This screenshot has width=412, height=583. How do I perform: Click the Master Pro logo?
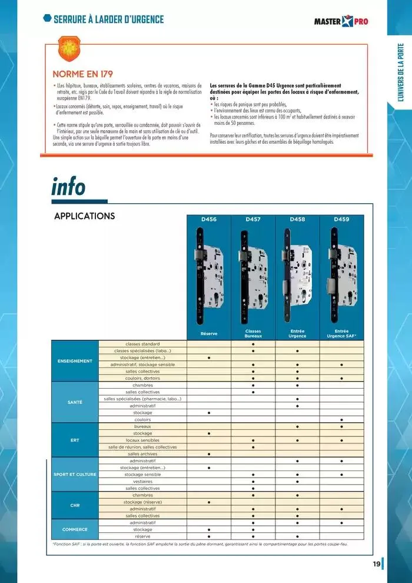[342, 22]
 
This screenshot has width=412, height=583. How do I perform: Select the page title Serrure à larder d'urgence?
[108, 19]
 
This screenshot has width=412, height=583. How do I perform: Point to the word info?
[68, 187]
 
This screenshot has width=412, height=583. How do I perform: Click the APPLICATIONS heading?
[84, 216]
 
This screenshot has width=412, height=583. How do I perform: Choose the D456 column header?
[209, 219]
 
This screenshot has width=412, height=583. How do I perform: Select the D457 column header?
[253, 219]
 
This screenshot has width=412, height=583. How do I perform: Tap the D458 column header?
[297, 219]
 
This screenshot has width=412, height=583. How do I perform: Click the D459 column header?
[341, 219]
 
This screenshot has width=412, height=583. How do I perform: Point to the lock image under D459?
[341, 274]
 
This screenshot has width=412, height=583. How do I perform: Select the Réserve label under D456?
[209, 334]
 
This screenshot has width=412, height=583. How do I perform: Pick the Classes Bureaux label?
[253, 334]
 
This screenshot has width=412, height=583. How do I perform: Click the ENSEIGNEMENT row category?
[75, 361]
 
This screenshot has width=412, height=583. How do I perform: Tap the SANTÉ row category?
[75, 402]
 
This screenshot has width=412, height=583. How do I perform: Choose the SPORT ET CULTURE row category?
[75, 474]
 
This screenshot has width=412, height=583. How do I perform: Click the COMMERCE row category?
[75, 529]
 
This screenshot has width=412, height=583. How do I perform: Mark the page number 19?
[376, 564]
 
